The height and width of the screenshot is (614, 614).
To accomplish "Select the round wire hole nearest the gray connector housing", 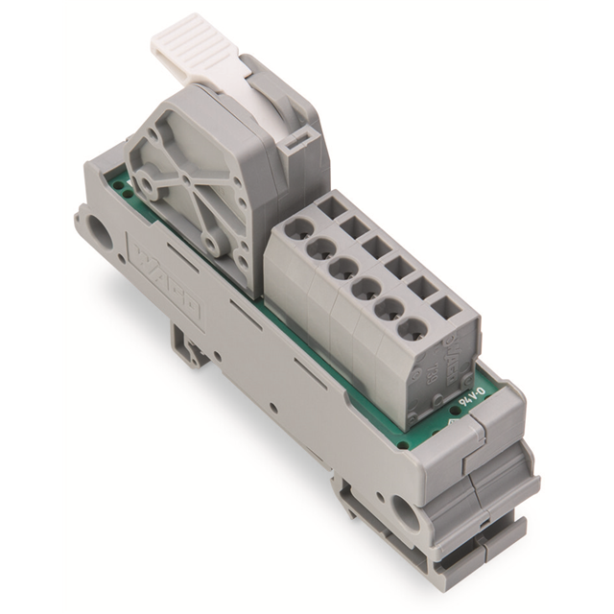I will (x=300, y=230).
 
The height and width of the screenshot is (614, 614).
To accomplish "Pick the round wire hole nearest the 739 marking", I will (x=413, y=331).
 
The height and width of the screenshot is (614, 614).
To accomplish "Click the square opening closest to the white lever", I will (x=333, y=206).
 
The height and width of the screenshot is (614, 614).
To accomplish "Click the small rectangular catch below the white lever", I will (x=292, y=143).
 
